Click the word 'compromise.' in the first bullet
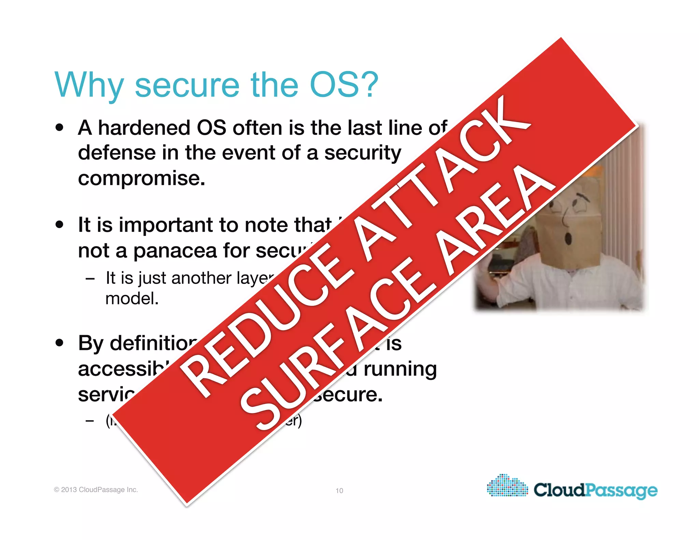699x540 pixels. click(142, 178)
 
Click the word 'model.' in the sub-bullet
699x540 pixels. click(132, 299)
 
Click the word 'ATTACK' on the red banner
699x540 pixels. click(444, 177)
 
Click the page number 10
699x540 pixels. click(339, 491)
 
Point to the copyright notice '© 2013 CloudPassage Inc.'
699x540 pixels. click(96, 489)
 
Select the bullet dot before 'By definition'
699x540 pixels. click(60, 343)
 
